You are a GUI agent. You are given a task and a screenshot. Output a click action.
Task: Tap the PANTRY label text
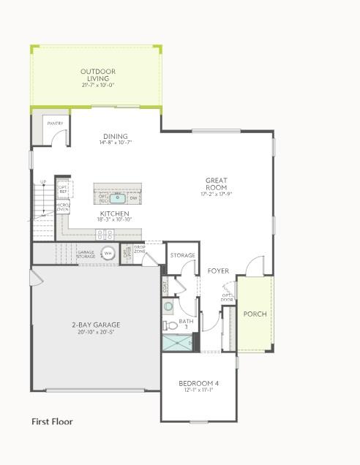click(x=55, y=124)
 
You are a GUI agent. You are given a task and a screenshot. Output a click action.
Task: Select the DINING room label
click(x=116, y=137)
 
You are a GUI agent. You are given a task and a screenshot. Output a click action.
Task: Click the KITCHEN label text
click(x=114, y=213)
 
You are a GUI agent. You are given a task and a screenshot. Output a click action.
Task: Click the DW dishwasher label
click(x=134, y=198)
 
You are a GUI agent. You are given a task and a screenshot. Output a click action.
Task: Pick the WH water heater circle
click(x=108, y=253)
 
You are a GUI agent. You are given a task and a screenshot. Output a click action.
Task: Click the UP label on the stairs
click(x=43, y=182)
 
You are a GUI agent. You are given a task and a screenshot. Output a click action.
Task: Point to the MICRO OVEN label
click(x=63, y=207)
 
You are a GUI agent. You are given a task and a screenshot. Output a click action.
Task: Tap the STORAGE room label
click(x=183, y=255)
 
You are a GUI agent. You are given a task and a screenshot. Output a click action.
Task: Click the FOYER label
click(x=218, y=271)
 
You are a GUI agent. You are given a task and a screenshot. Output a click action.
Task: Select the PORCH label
click(x=255, y=314)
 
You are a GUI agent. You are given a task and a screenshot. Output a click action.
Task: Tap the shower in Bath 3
click(x=176, y=342)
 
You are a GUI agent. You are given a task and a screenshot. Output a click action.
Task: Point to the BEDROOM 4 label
click(x=198, y=384)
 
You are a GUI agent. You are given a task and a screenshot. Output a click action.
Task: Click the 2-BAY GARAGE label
click(x=96, y=325)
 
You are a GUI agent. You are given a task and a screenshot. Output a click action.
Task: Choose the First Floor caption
click(x=52, y=421)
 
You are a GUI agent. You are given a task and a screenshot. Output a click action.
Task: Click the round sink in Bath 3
click(x=168, y=307)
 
